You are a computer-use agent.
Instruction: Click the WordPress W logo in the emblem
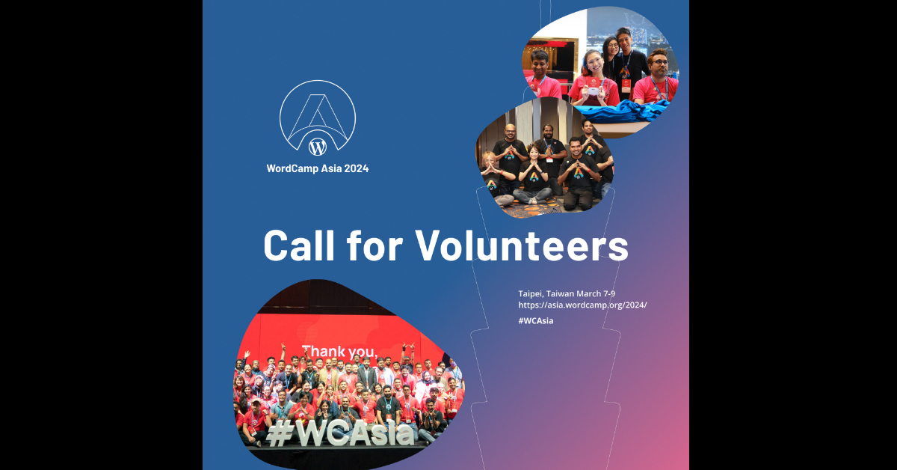[317, 147]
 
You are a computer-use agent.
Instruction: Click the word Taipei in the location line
[532, 293]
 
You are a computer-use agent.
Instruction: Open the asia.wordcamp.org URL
[582, 305]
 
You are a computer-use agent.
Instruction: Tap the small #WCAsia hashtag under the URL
[535, 320]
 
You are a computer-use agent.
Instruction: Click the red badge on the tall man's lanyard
[626, 84]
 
